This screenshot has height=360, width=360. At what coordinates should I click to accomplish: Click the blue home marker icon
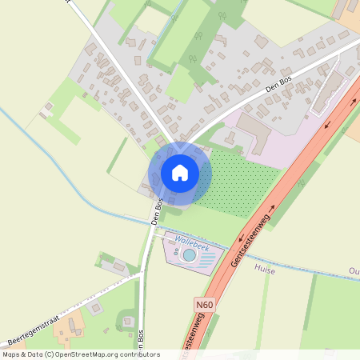[x=180, y=172]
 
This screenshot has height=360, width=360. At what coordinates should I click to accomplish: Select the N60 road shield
[x=205, y=305]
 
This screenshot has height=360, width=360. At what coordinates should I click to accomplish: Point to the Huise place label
[x=281, y=270]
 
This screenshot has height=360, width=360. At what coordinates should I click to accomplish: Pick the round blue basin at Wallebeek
[x=188, y=254]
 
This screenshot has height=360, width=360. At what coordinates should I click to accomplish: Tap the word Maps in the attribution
[x=12, y=354]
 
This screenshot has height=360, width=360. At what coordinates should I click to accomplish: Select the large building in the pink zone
[x=255, y=130]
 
